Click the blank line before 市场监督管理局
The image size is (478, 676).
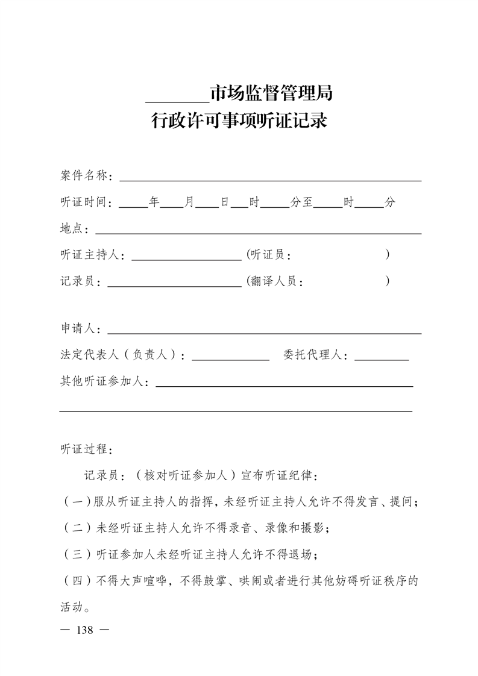tap(177, 100)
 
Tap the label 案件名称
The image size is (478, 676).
tap(84, 175)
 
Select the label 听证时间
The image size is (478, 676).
tap(84, 202)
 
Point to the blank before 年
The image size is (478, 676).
tap(133, 206)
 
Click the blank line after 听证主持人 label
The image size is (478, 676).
tap(186, 259)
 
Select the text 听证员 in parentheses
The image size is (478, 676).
tap(267, 255)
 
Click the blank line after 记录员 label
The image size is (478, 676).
tap(174, 285)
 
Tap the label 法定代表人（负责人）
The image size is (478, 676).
tap(122, 355)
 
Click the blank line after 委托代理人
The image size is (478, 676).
tap(382, 359)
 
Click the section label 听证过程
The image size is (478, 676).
tap(84, 449)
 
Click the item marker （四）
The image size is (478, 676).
tap(77, 581)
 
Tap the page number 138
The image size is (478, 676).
tap(84, 630)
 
